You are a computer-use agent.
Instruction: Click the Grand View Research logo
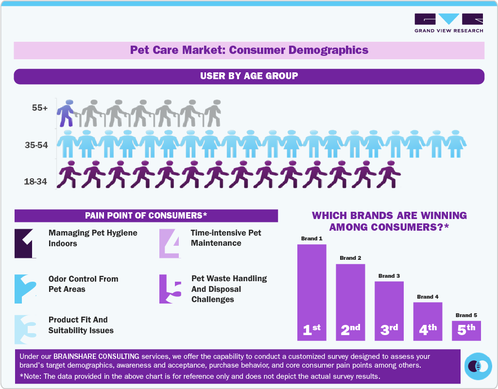[x=448, y=23]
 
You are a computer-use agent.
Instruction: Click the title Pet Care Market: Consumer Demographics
[x=249, y=50]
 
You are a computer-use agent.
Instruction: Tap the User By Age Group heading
[x=249, y=76]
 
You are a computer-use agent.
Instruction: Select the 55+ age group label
[x=40, y=108]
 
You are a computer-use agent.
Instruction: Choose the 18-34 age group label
[x=36, y=182]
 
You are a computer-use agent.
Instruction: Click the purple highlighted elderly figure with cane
[x=66, y=113]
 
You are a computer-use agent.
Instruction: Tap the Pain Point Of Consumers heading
[x=146, y=216]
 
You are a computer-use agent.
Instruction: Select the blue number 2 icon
[x=25, y=289]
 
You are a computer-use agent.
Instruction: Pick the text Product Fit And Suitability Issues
[x=81, y=325]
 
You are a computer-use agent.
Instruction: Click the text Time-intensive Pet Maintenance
[x=226, y=238]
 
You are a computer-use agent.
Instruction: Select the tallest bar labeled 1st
[x=311, y=292]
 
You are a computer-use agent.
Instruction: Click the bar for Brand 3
[x=389, y=311]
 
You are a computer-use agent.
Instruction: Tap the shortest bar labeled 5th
[x=466, y=330]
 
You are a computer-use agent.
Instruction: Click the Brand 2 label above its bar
[x=350, y=258]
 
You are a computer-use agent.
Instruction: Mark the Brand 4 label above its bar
[x=428, y=297]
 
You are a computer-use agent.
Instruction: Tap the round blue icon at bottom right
[x=478, y=366]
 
